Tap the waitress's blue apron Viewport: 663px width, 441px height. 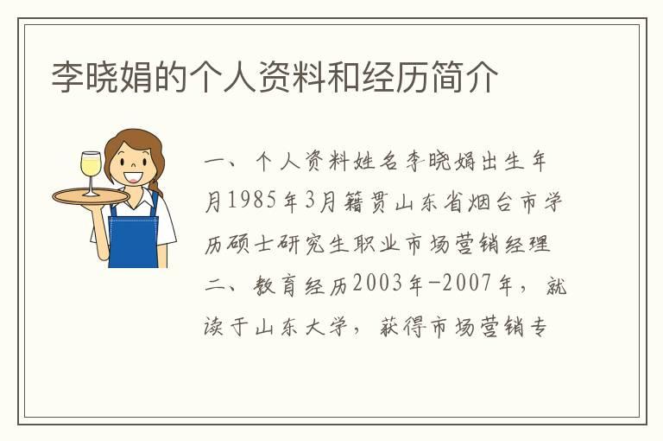coord(135,237)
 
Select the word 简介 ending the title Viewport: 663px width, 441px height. coord(476,77)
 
